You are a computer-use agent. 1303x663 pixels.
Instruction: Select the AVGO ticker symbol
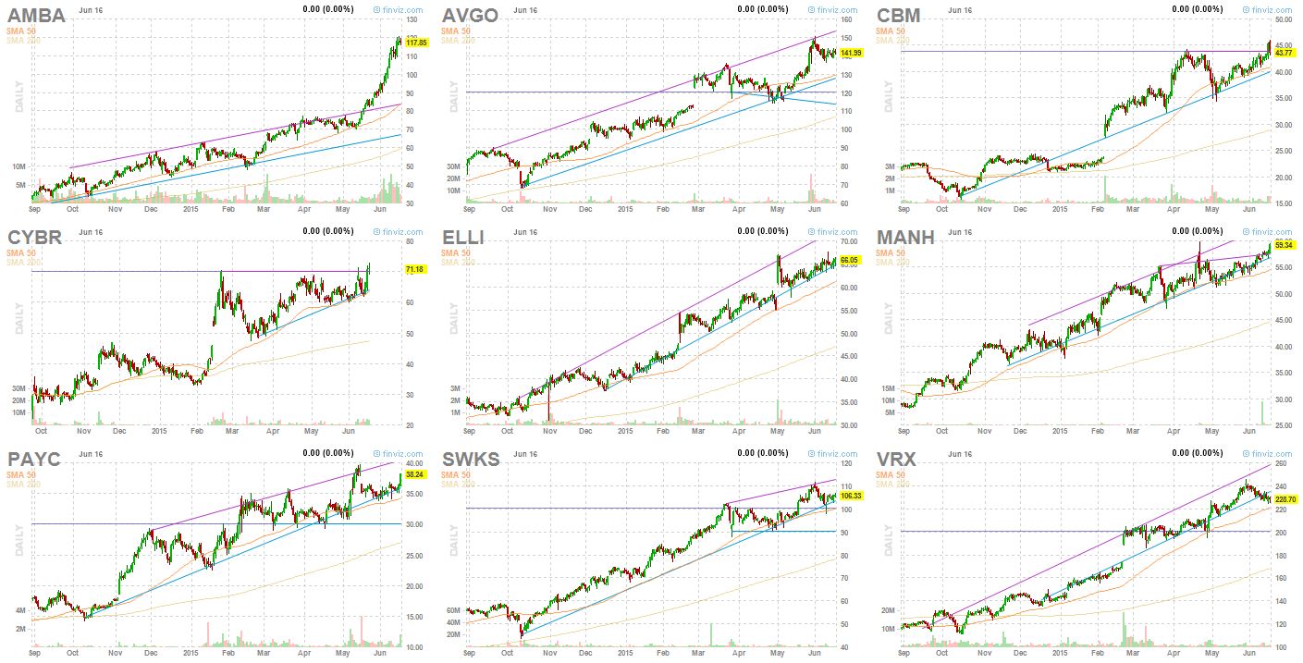[x=470, y=16]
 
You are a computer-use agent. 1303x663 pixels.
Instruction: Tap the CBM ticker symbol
[x=898, y=16]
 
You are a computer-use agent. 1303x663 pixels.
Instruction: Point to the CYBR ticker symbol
[x=34, y=238]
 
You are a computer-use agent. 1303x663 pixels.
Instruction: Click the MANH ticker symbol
[x=905, y=238]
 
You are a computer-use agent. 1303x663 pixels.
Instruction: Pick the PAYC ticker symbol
[x=35, y=460]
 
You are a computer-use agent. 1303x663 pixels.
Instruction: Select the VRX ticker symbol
[x=898, y=460]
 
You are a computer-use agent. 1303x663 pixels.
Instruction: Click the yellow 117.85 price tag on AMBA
[x=417, y=43]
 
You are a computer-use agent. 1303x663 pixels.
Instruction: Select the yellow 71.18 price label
[x=416, y=269]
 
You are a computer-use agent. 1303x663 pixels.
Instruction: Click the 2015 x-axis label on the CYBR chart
[x=159, y=431]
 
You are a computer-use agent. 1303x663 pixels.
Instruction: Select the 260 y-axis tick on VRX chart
[x=1283, y=463]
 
